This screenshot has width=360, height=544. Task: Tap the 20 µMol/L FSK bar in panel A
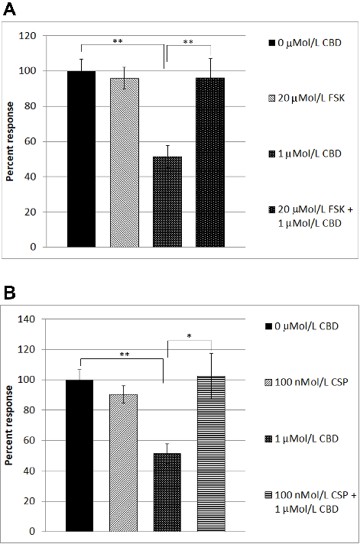click(125, 163)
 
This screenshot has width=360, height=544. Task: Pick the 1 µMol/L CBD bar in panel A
click(167, 202)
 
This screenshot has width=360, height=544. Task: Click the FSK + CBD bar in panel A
click(210, 162)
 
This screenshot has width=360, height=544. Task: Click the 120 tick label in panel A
click(48, 36)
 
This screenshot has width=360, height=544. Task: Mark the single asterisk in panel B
click(199, 335)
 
